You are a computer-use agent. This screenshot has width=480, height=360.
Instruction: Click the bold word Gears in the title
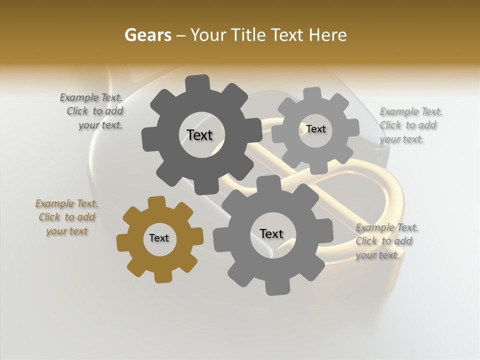coord(147,35)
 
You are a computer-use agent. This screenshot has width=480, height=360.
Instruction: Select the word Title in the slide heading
coord(250,35)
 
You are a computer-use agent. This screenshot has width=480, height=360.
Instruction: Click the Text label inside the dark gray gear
coord(199,135)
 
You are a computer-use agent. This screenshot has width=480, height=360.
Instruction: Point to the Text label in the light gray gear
coord(315,129)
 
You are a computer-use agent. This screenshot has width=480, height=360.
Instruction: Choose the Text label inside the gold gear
coord(159,238)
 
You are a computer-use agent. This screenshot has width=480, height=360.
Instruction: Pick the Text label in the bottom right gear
coord(271,233)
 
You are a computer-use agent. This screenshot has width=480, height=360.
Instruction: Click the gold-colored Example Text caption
coord(66,217)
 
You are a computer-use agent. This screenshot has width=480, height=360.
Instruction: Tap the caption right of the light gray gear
coord(409,125)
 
